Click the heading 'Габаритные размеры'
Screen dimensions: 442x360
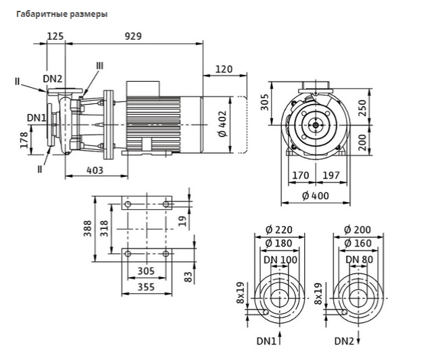(62, 14)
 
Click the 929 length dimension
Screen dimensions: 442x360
(133, 36)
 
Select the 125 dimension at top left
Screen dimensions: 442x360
(55, 36)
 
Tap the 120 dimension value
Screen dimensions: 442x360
(224, 69)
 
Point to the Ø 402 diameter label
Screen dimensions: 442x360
(222, 124)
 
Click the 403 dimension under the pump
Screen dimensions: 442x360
(95, 170)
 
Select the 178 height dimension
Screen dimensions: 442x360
(24, 140)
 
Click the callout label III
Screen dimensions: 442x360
(100, 66)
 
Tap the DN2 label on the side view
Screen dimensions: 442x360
(53, 79)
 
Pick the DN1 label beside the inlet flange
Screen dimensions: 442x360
(36, 118)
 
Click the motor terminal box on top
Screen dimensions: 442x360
(143, 88)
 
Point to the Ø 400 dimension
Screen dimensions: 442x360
(316, 195)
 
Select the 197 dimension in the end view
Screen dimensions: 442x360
(331, 176)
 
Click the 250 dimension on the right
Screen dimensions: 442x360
(363, 108)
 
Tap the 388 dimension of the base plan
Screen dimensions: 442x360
(88, 228)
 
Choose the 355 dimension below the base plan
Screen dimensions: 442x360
(146, 287)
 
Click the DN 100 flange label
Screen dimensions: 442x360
(280, 260)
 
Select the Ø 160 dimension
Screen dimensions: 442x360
(358, 243)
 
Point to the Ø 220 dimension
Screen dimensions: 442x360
(279, 230)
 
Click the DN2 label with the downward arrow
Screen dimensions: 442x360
(344, 341)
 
